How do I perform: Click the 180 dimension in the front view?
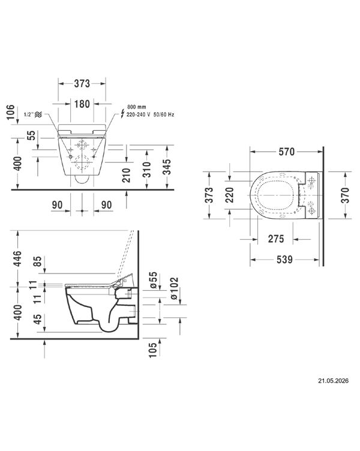pyautogui.click(x=82, y=104)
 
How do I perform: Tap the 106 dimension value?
pyautogui.click(x=10, y=112)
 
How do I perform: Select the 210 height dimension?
pyautogui.click(x=127, y=176)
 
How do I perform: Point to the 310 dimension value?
pyautogui.click(x=147, y=169)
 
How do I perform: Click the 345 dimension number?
pyautogui.click(x=167, y=167)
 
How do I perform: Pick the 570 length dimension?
pyautogui.click(x=287, y=152)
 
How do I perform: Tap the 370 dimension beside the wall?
pyautogui.click(x=345, y=195)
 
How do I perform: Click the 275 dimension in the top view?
pyautogui.click(x=276, y=239)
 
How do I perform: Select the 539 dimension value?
pyautogui.click(x=284, y=260)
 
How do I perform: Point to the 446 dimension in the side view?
pyautogui.click(x=17, y=258)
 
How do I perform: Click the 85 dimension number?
pyautogui.click(x=38, y=261)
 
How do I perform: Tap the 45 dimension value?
pyautogui.click(x=38, y=319)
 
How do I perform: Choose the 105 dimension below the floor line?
pyautogui.click(x=153, y=350)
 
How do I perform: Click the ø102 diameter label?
pyautogui.click(x=175, y=288)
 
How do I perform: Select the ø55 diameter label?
pyautogui.click(x=154, y=279)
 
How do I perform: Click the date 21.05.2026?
pyautogui.click(x=333, y=380)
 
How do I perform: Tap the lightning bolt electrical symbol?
pyautogui.click(x=122, y=113)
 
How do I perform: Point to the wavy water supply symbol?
pyautogui.click(x=38, y=115)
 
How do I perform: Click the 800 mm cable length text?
pyautogui.click(x=137, y=107)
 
